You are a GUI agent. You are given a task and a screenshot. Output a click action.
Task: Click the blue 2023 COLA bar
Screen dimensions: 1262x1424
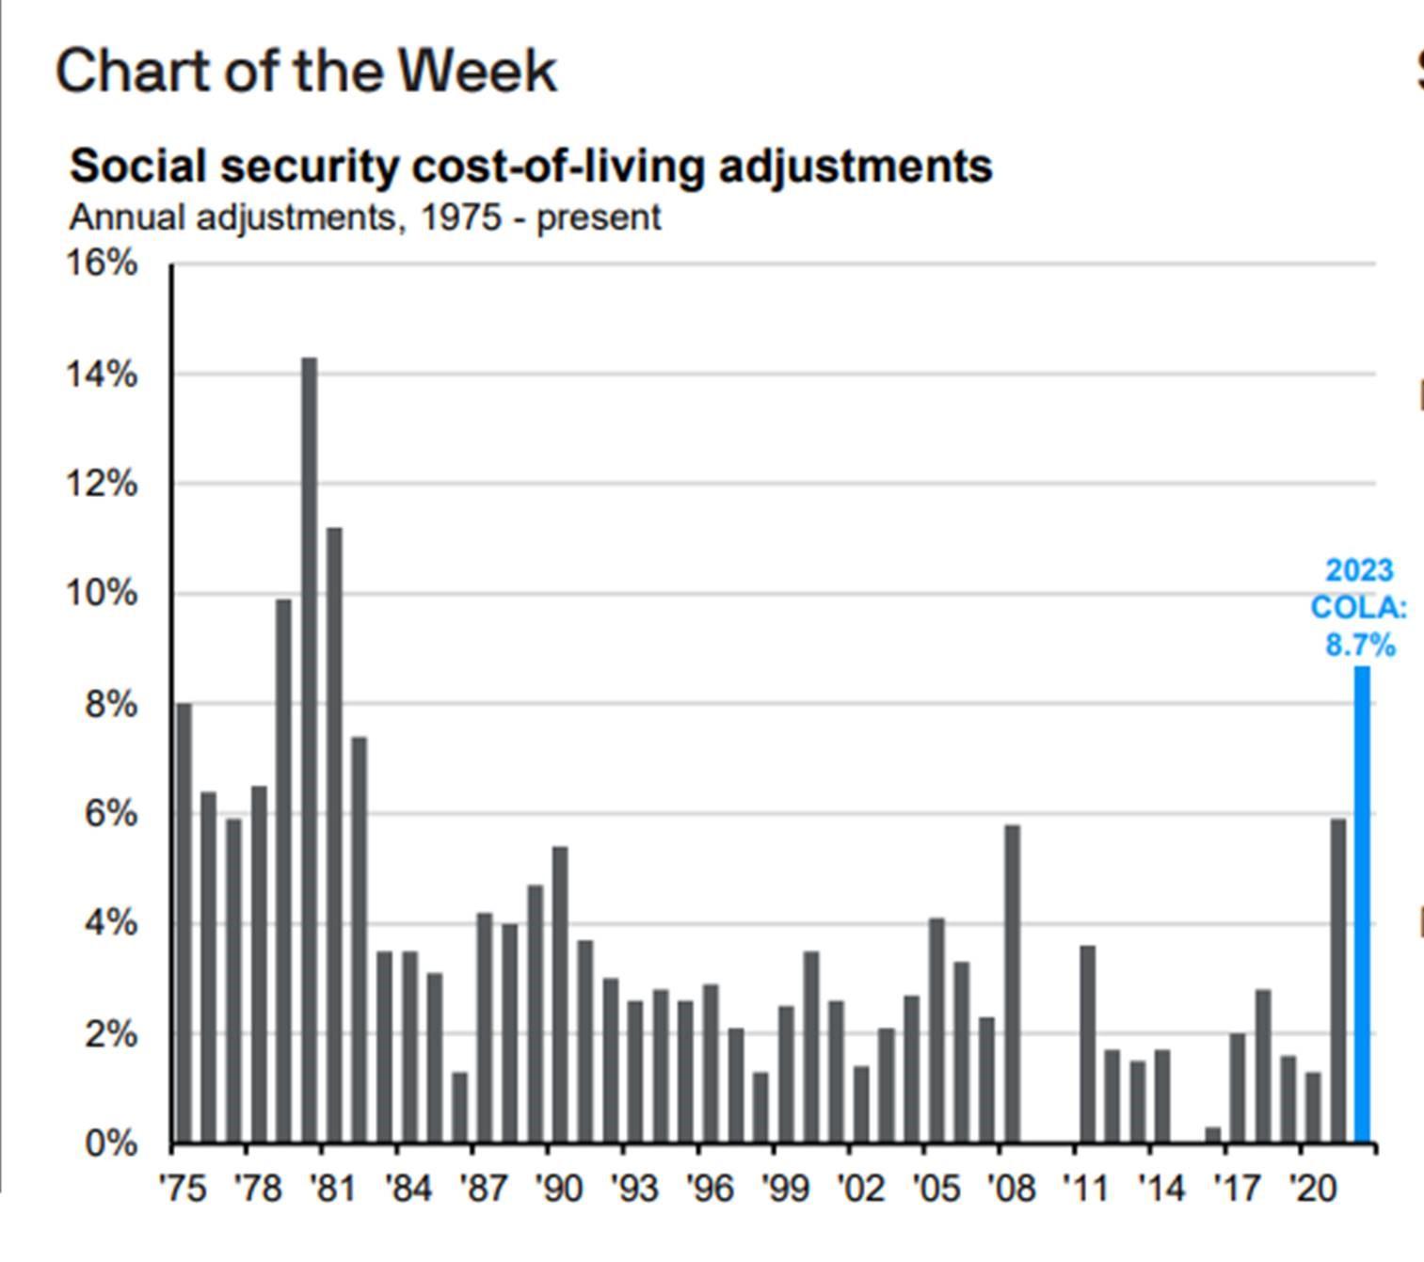[1362, 903]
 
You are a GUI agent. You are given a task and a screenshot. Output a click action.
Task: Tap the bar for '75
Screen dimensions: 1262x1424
[184, 922]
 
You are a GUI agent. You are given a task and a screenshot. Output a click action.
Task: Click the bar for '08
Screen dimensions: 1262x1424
[1012, 983]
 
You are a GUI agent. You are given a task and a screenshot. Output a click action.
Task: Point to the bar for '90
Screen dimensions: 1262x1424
[560, 994]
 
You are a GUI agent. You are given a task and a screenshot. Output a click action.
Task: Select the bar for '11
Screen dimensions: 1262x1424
[1087, 1044]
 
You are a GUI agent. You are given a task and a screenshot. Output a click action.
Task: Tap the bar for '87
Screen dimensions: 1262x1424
[485, 1027]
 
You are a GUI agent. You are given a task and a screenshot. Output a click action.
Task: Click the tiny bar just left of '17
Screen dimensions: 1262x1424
[1213, 1135]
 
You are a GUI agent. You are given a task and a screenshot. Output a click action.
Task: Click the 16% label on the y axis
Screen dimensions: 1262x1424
[102, 263]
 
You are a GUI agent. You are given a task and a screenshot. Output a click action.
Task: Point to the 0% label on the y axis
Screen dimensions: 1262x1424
[111, 1144]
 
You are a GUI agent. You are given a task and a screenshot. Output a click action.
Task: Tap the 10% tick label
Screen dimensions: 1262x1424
[102, 594]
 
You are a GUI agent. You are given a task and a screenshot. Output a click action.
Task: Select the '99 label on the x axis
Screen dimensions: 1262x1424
[785, 1189]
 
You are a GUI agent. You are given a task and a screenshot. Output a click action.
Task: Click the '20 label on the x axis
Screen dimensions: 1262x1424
[1312, 1189]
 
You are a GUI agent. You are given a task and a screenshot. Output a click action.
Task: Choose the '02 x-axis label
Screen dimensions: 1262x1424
[860, 1189]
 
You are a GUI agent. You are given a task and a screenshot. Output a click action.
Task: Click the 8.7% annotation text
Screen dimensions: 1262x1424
[1360, 646]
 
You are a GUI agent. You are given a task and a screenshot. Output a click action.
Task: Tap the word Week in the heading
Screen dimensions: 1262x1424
[476, 72]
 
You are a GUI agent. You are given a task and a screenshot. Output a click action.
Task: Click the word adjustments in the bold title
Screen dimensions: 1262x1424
[855, 167]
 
